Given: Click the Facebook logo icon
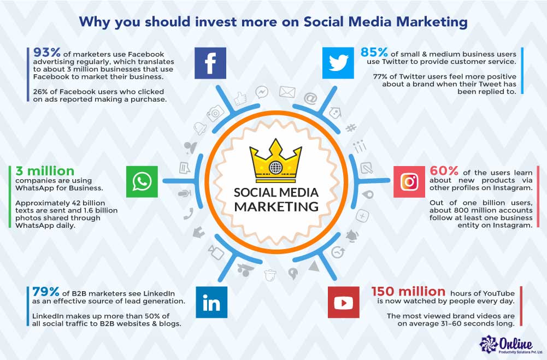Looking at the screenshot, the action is pyautogui.click(x=210, y=63).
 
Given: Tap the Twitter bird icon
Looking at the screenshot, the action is pyautogui.click(x=338, y=63).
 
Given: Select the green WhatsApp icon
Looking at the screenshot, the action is pyautogui.click(x=142, y=182).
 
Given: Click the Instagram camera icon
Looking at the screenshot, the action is pyautogui.click(x=409, y=182).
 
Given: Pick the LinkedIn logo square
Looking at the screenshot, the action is pyautogui.click(x=211, y=302).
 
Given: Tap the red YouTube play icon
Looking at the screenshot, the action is pyautogui.click(x=344, y=302).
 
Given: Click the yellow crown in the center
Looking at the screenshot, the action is pyautogui.click(x=275, y=161).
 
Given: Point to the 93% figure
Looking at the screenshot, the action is pyautogui.click(x=47, y=52).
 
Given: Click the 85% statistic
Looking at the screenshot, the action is pyautogui.click(x=374, y=52).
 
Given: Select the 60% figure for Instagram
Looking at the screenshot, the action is pyautogui.click(x=444, y=170).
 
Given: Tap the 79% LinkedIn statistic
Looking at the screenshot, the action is pyautogui.click(x=46, y=291).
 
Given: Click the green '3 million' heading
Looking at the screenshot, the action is pyautogui.click(x=45, y=171).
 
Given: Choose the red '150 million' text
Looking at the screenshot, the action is pyautogui.click(x=409, y=291).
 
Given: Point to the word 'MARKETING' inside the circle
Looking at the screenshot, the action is pyautogui.click(x=277, y=206).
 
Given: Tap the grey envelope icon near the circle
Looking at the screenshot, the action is pyautogui.click(x=287, y=92).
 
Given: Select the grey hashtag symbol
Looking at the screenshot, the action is pyautogui.click(x=351, y=128).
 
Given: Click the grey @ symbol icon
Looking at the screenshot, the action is pyautogui.click(x=310, y=98).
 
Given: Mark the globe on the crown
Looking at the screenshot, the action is pyautogui.click(x=275, y=168).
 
